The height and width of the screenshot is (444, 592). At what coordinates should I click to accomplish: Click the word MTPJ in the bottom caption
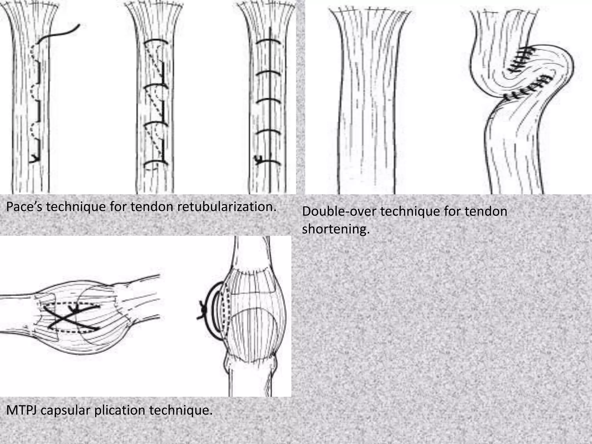pos(21,410)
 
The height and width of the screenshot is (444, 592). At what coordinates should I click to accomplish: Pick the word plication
pos(120,410)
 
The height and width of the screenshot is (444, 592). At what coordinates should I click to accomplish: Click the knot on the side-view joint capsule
pos(203,310)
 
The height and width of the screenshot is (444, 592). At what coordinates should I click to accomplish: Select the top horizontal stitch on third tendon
pos(268,42)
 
